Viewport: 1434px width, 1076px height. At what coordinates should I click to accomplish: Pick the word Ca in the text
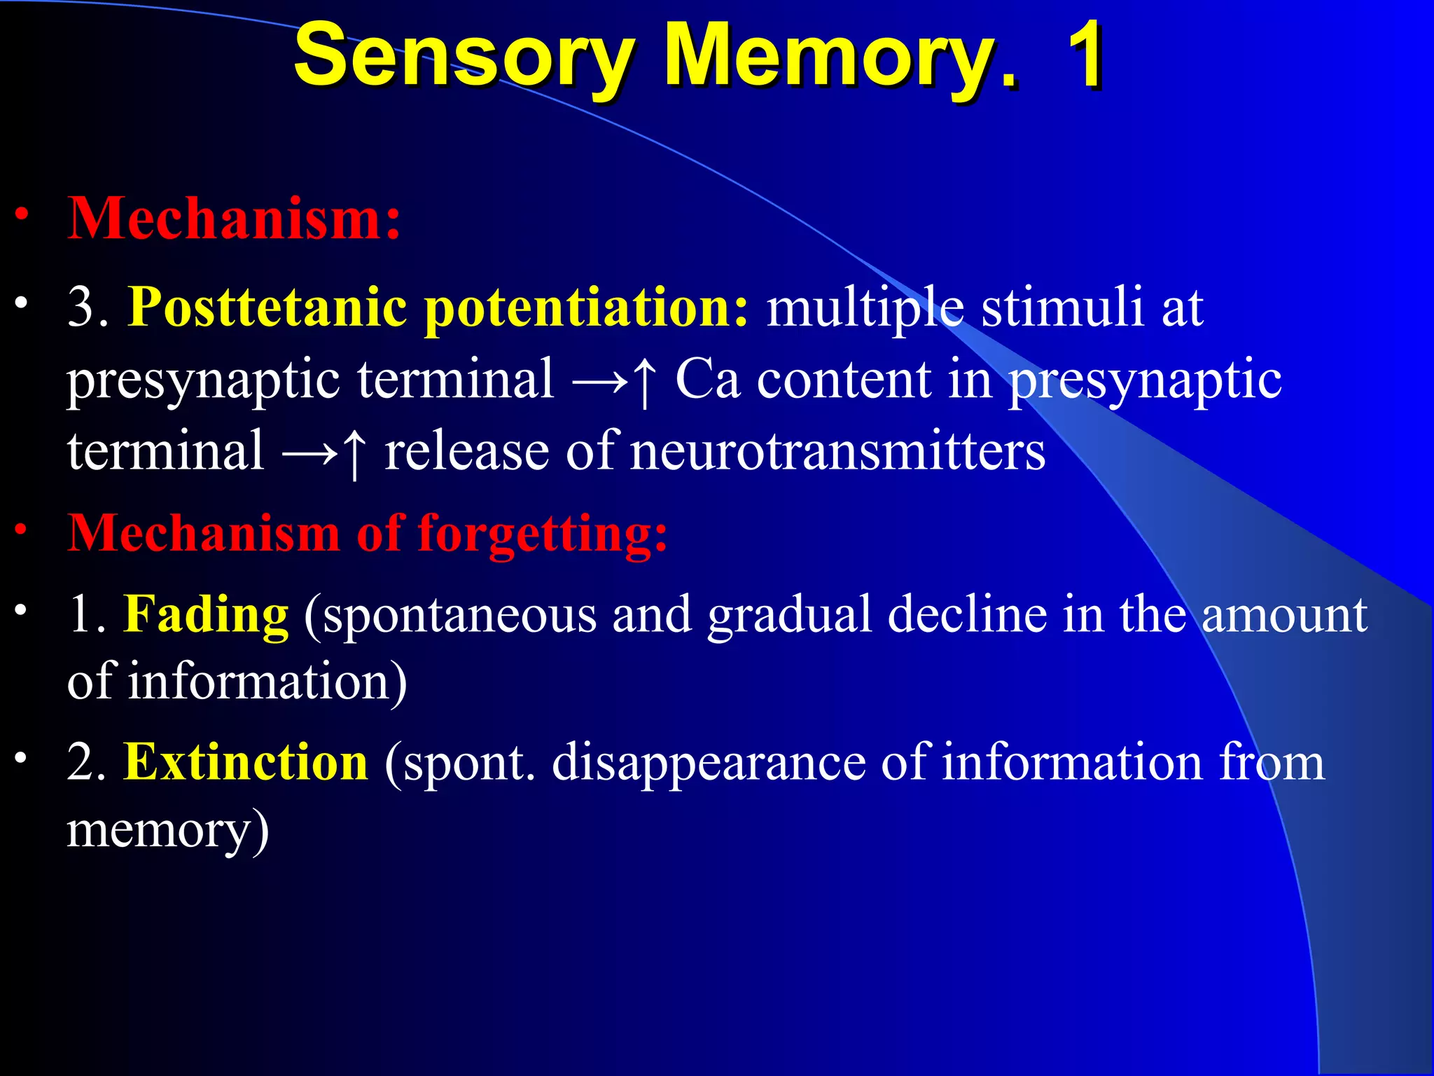(x=707, y=379)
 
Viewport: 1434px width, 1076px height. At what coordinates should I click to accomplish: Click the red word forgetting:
(x=543, y=534)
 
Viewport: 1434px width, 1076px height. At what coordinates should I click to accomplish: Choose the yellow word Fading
(x=206, y=614)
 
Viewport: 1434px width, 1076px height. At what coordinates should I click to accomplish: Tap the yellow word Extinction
(x=246, y=761)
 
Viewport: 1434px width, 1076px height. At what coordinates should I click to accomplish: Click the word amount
(x=1284, y=614)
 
